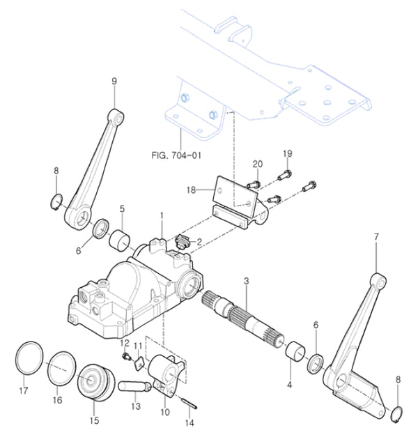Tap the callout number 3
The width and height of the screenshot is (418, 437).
[246, 281]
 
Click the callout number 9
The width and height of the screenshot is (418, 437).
[115, 81]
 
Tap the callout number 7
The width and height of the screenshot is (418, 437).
[376, 237]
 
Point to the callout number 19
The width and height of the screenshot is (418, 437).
[286, 153]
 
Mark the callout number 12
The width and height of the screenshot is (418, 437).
[124, 342]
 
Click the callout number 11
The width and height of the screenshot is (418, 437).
[138, 346]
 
